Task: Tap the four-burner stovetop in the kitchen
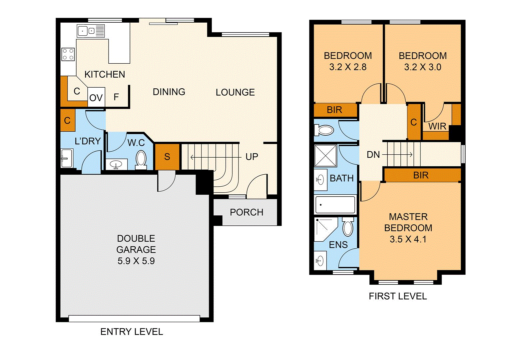tap(68, 54)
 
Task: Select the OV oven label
tap(96, 98)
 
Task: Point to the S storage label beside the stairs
tap(167, 157)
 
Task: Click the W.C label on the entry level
tap(136, 143)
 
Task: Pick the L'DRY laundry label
tap(88, 141)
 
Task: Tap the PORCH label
tap(247, 212)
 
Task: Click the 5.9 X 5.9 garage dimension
tap(136, 261)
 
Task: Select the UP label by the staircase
tap(252, 157)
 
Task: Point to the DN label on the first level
tap(373, 155)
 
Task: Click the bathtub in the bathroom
tap(335, 204)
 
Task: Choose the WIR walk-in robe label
tap(437, 126)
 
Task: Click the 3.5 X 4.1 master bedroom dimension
tap(408, 239)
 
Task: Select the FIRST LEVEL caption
tap(398, 296)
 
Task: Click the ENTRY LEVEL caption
tap(132, 332)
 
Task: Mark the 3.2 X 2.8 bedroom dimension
tap(348, 67)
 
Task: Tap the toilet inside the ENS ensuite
tap(348, 227)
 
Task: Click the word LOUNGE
tap(235, 92)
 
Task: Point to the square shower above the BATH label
tap(325, 155)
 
